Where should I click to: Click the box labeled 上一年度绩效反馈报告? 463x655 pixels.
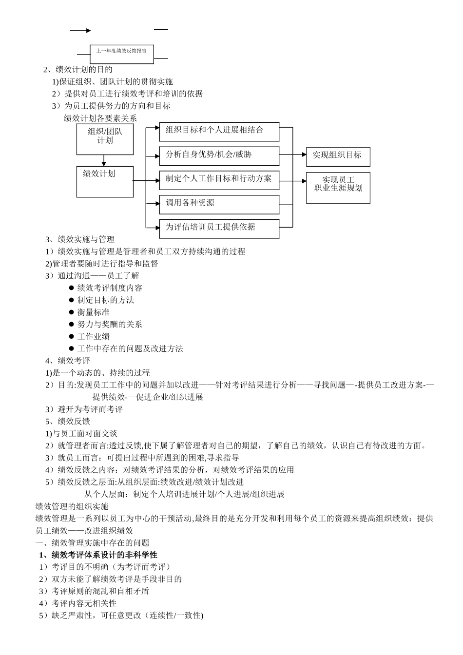click(x=122, y=54)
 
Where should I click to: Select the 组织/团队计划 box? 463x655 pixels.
click(x=105, y=139)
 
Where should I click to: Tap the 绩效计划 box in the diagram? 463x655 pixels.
click(x=105, y=181)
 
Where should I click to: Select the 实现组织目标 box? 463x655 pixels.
click(x=338, y=156)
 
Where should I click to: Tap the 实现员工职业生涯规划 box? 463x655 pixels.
click(x=338, y=187)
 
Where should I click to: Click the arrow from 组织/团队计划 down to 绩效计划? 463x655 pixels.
click(x=104, y=161)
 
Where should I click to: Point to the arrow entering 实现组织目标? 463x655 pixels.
click(x=300, y=155)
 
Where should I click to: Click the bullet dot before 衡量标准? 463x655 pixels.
click(x=71, y=312)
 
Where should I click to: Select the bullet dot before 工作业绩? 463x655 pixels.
click(x=71, y=336)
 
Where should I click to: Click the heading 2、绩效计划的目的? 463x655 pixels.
click(x=78, y=70)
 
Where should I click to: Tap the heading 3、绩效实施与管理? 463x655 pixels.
click(x=80, y=239)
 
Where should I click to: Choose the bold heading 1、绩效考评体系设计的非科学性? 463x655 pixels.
click(x=98, y=555)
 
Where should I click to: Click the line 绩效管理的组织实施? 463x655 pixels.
click(x=72, y=507)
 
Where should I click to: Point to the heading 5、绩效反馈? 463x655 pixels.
click(x=68, y=422)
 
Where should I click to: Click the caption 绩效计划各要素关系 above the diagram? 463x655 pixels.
click(x=100, y=118)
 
